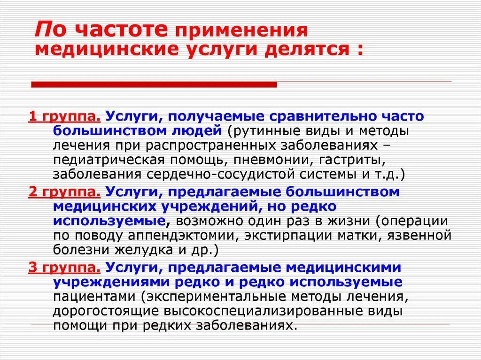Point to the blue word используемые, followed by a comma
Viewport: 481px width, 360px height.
109,221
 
